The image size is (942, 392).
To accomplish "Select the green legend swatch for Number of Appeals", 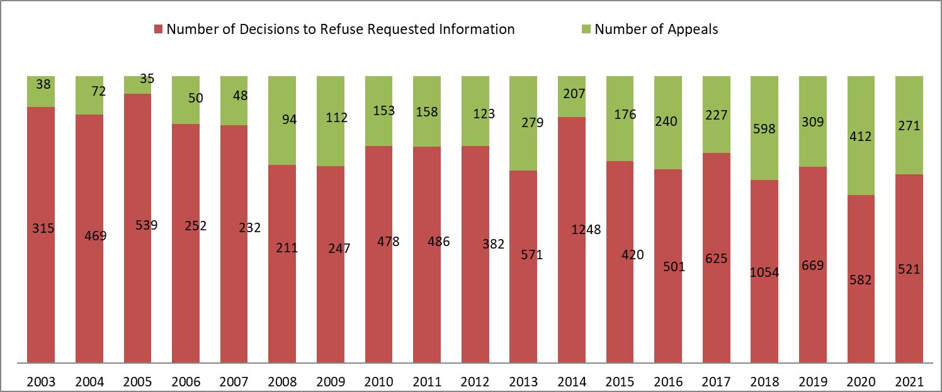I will click(586, 30).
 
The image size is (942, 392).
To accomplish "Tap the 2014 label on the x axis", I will click(572, 381).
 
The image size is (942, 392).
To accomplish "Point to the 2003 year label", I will click(42, 381).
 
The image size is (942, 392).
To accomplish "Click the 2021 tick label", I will click(909, 381).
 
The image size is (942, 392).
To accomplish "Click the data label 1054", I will click(765, 272).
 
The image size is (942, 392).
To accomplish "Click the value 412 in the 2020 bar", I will click(861, 136).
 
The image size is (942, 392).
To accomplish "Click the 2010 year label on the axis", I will click(379, 381).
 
